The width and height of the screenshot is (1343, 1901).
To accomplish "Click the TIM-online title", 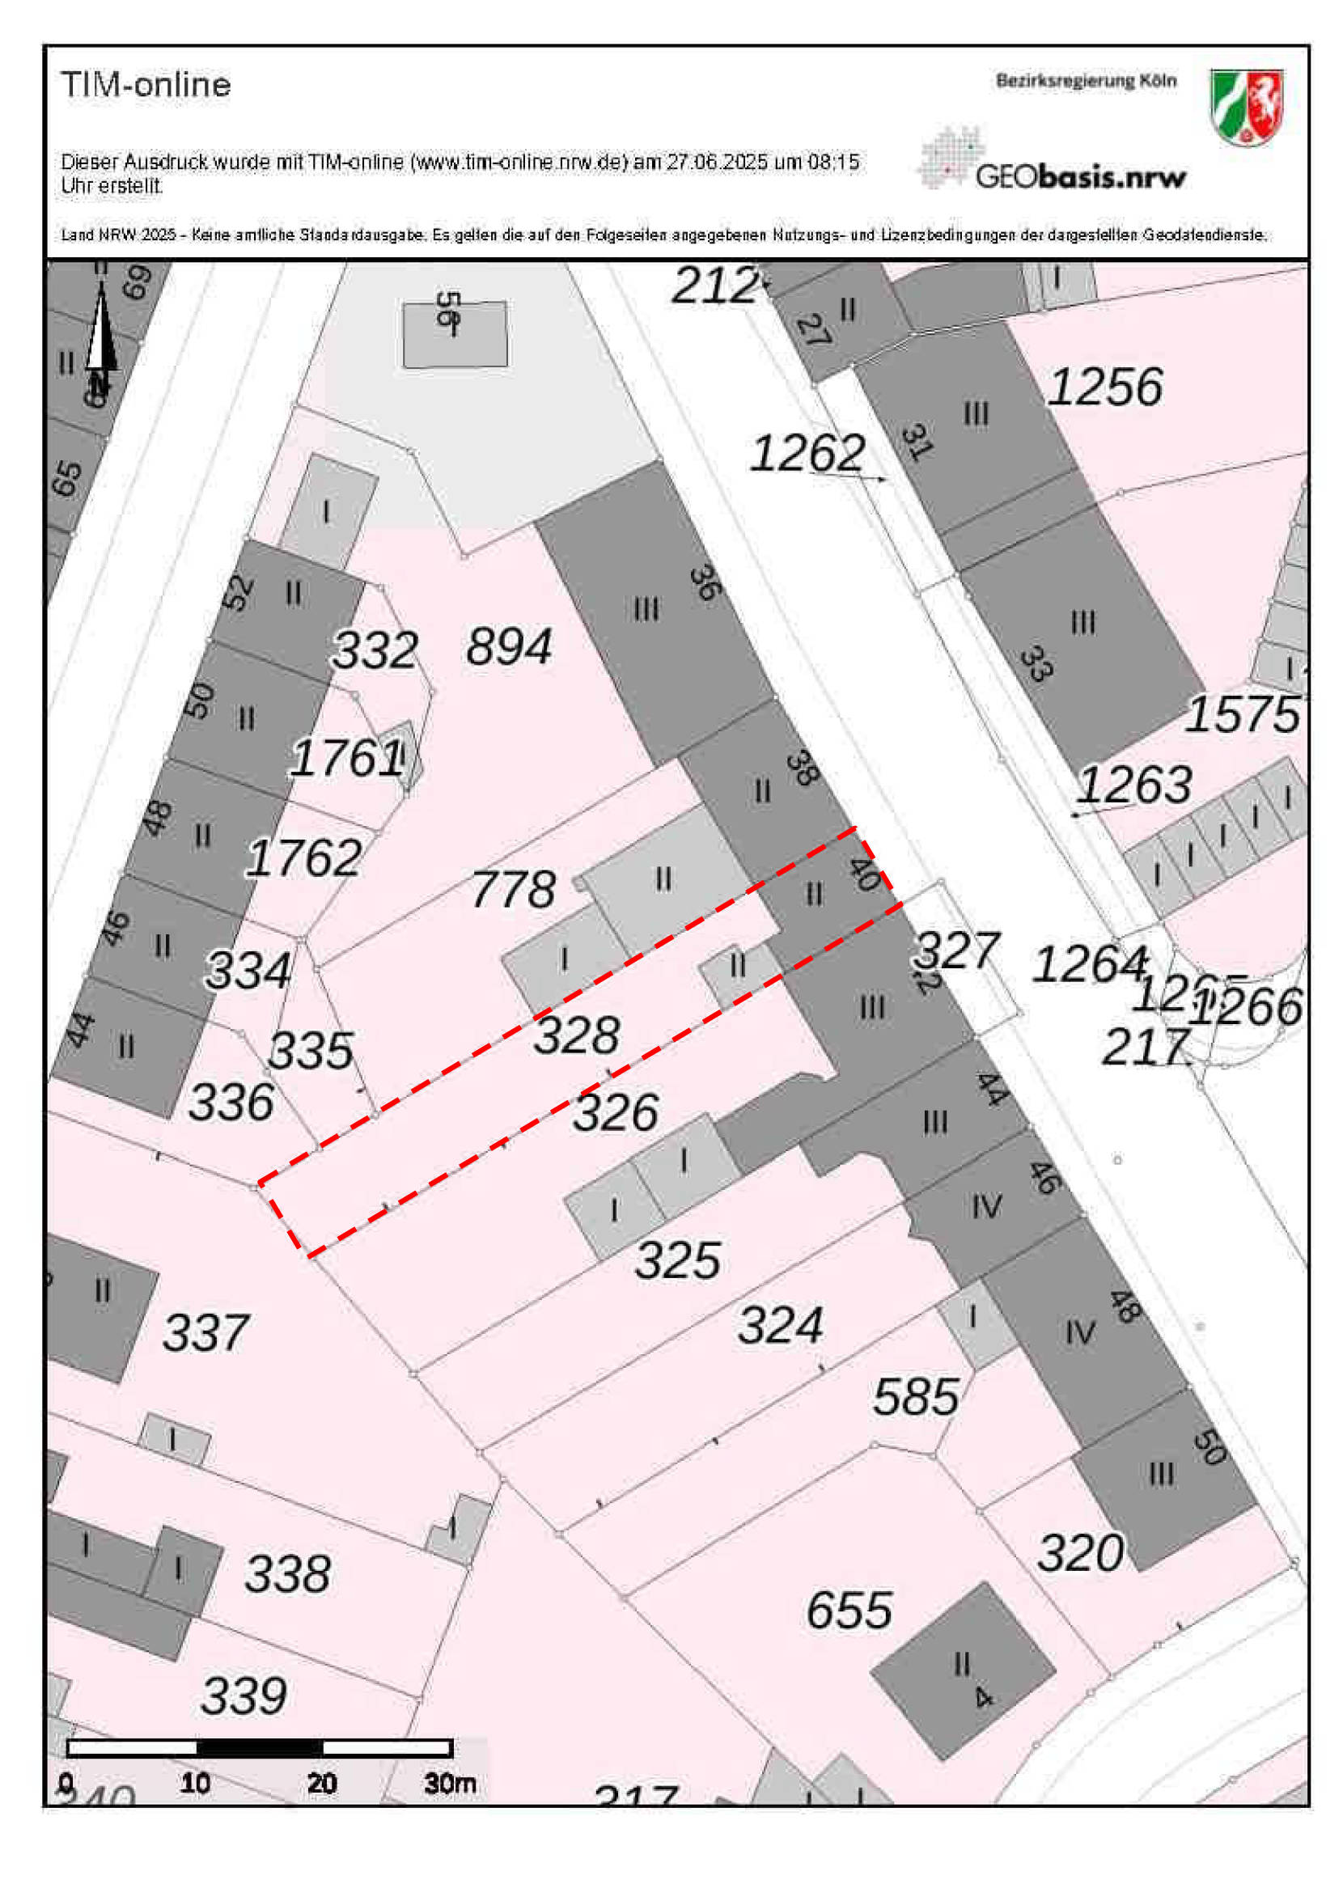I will click(146, 85).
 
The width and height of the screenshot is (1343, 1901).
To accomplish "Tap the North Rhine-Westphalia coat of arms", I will click(1245, 107).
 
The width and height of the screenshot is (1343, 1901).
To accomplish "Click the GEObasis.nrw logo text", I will click(1080, 176).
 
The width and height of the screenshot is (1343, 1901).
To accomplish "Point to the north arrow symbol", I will click(101, 331).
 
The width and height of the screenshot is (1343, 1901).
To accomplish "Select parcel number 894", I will click(508, 646).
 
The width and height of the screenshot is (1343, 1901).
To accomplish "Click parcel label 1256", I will click(1104, 387).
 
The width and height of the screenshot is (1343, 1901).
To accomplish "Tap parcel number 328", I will click(576, 1035).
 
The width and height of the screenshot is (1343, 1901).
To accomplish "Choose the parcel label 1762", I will click(304, 857).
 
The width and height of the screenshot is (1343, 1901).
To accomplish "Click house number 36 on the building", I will click(705, 582).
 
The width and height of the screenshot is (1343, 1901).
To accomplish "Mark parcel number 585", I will click(916, 1397).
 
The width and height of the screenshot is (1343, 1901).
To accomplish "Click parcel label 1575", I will click(1242, 714).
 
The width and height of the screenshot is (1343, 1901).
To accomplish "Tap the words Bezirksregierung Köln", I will click(1086, 81).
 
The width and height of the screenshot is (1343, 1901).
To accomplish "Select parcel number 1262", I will click(807, 454).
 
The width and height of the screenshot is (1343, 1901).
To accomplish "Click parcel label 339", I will click(244, 1696).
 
